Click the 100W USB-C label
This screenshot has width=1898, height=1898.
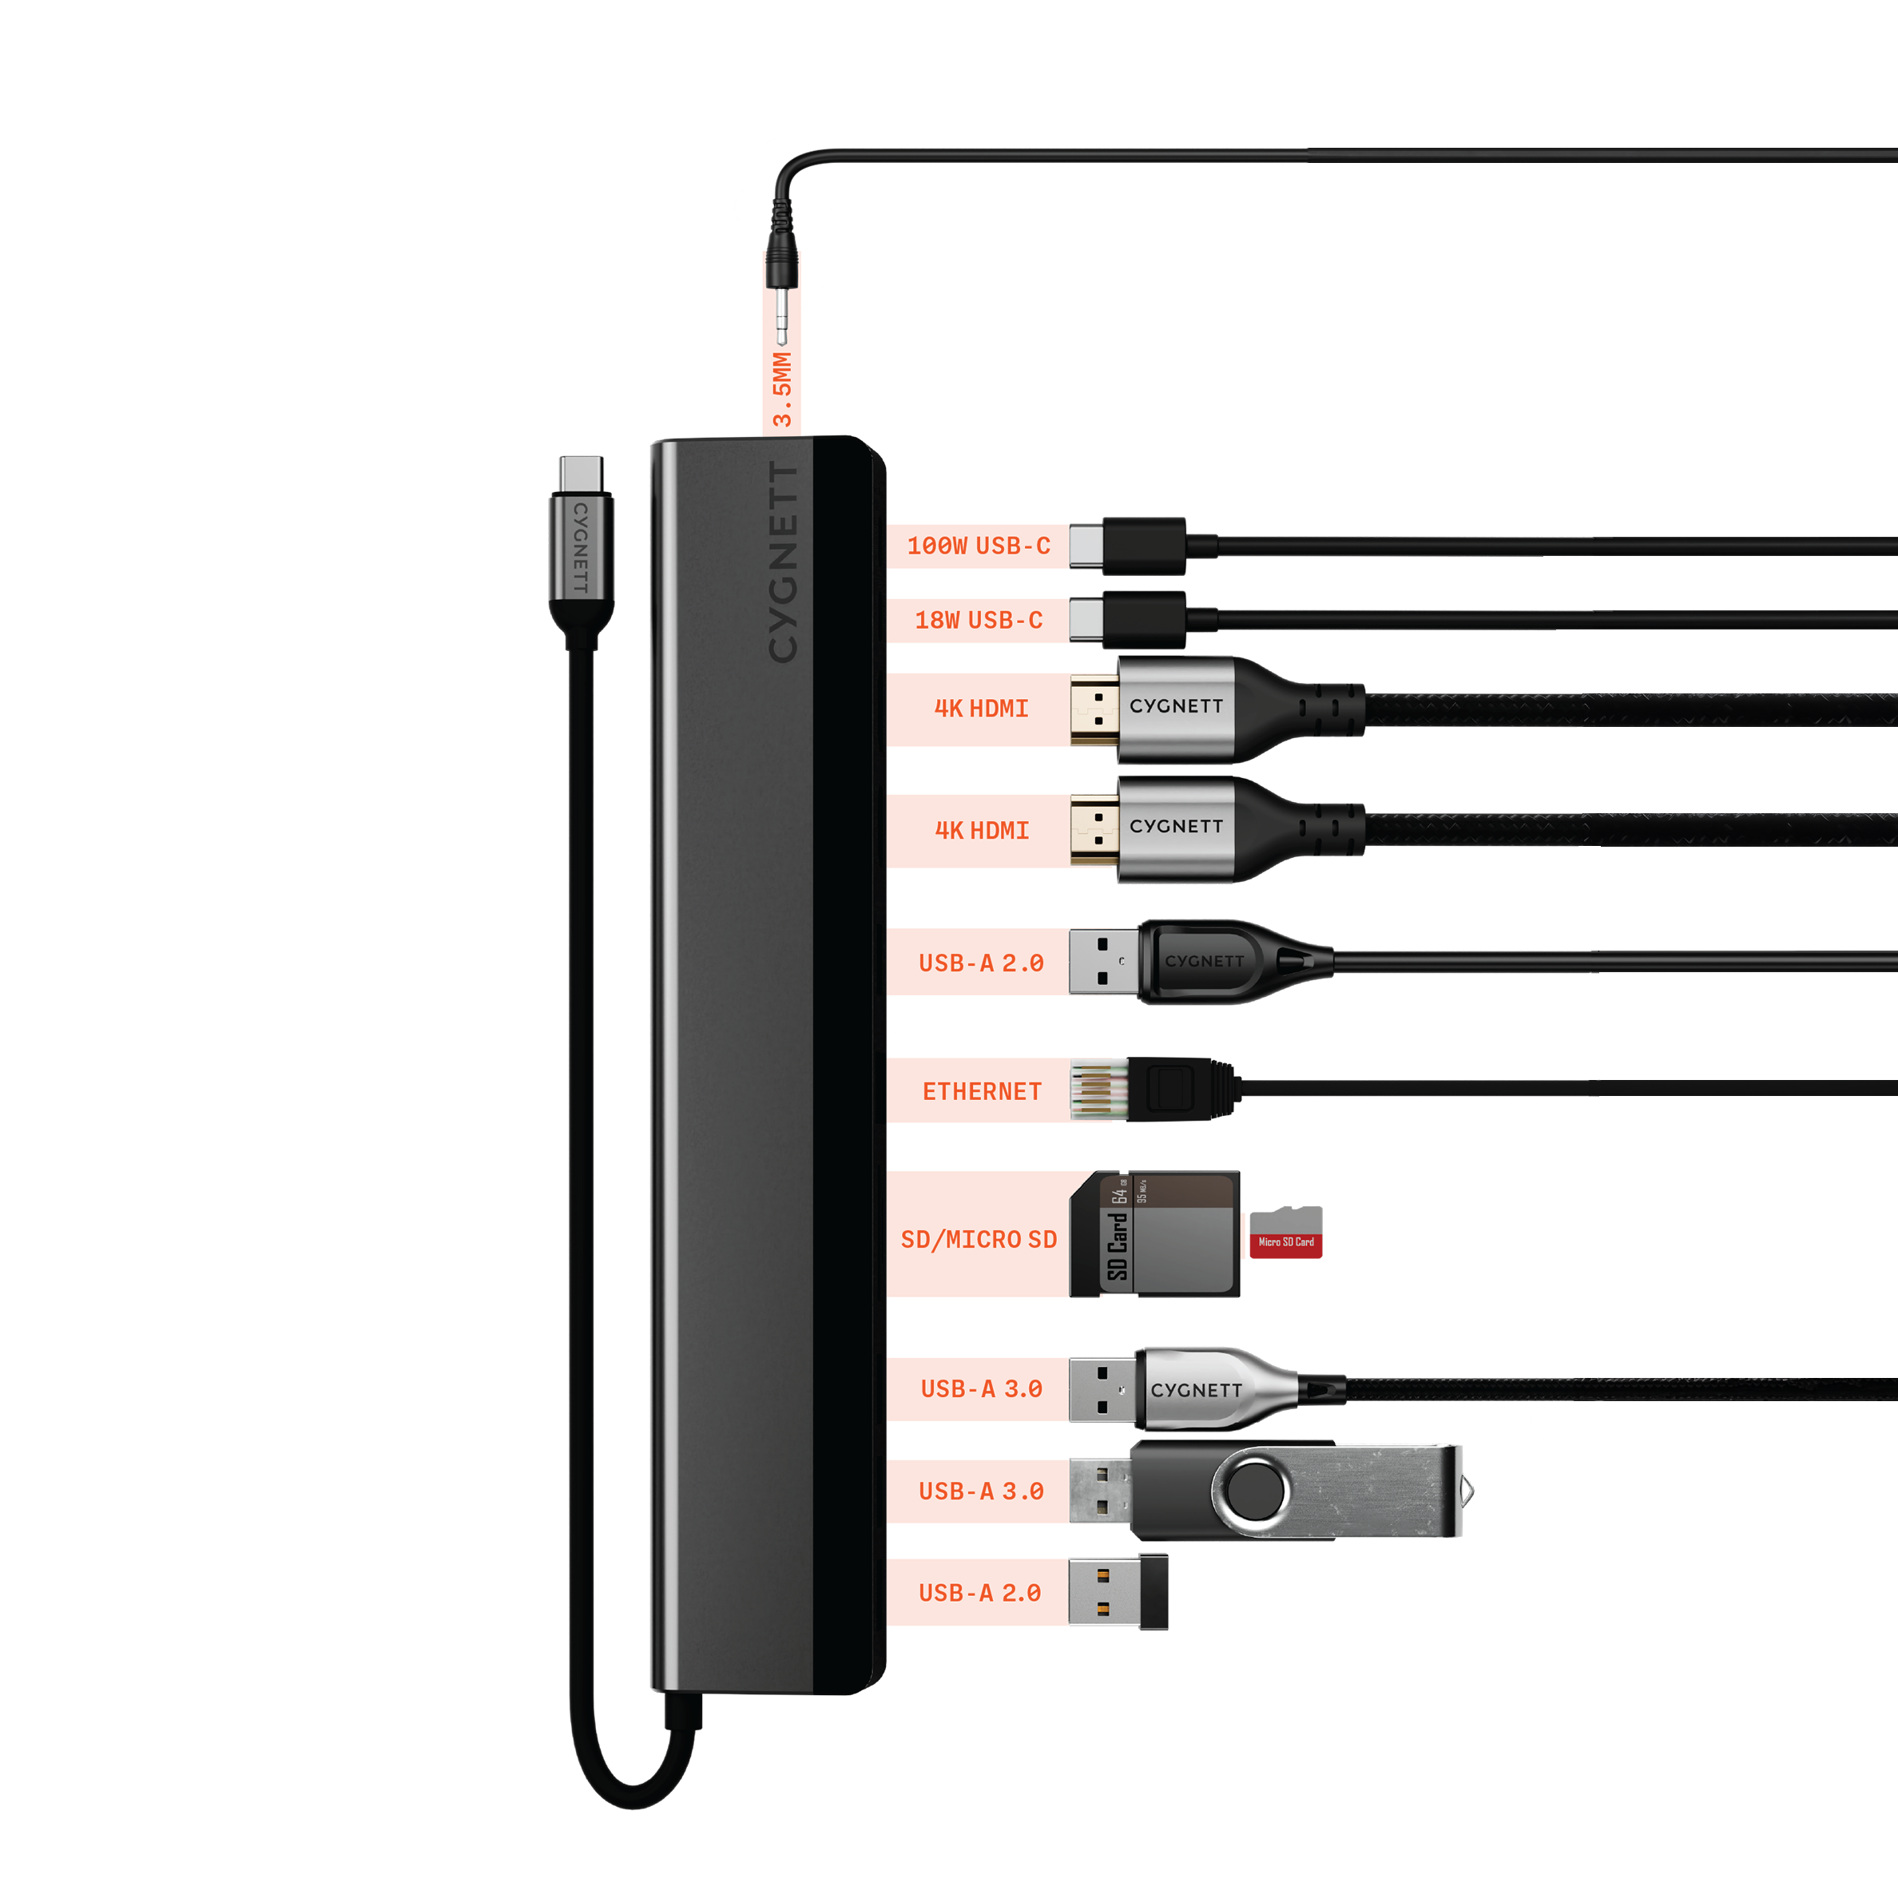pyautogui.click(x=979, y=546)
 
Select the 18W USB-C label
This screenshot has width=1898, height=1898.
pyautogui.click(x=979, y=620)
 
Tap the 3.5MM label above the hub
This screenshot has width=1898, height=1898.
pyautogui.click(x=782, y=389)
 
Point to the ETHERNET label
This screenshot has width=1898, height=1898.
pyautogui.click(x=982, y=1091)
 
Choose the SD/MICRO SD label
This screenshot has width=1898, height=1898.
pyautogui.click(x=979, y=1240)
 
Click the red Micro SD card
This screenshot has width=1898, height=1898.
pyautogui.click(x=1285, y=1232)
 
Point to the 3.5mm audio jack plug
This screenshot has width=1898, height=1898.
pyautogui.click(x=782, y=270)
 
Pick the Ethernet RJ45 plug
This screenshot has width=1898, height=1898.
pyautogui.click(x=1154, y=1090)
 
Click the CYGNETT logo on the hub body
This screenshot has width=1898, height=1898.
pyautogui.click(x=783, y=562)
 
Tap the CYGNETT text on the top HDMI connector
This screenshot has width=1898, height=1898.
pyautogui.click(x=1176, y=706)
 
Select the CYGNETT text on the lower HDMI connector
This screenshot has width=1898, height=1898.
pyautogui.click(x=1176, y=826)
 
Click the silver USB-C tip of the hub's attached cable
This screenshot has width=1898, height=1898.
pyautogui.click(x=582, y=474)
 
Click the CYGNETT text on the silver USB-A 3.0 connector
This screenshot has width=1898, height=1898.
pyautogui.click(x=1197, y=1390)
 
